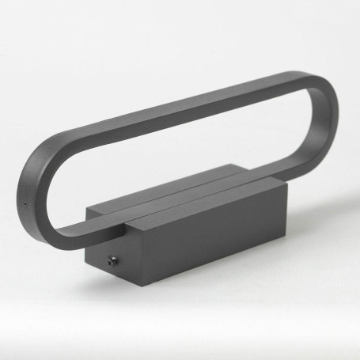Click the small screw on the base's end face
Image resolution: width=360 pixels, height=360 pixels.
coord(112,260)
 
